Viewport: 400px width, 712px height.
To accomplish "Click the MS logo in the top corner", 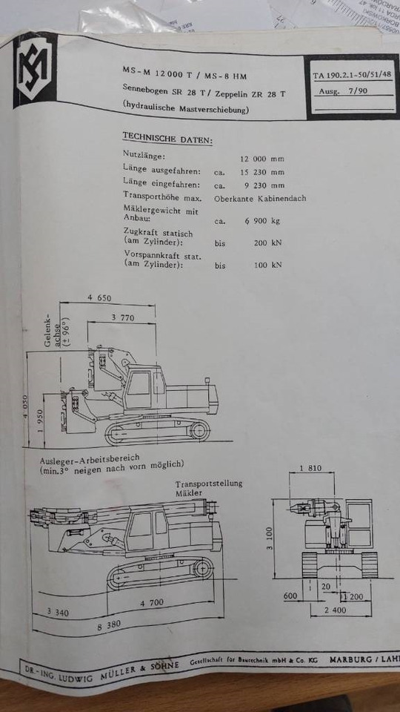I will point(35,70).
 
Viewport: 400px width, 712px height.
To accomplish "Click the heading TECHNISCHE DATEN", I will point(167,139).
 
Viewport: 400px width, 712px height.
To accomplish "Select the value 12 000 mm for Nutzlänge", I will point(261,159).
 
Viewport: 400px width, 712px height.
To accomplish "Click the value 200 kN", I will point(267,243).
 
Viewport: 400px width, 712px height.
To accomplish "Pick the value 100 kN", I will point(267,265).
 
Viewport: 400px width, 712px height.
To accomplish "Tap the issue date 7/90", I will point(359,92).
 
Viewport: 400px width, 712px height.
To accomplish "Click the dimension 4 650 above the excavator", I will point(99,297).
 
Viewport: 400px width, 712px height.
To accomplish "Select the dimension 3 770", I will point(123,317).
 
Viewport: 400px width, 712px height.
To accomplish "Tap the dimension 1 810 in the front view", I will point(312,468).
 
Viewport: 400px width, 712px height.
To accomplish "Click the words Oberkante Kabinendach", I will point(260,199).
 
